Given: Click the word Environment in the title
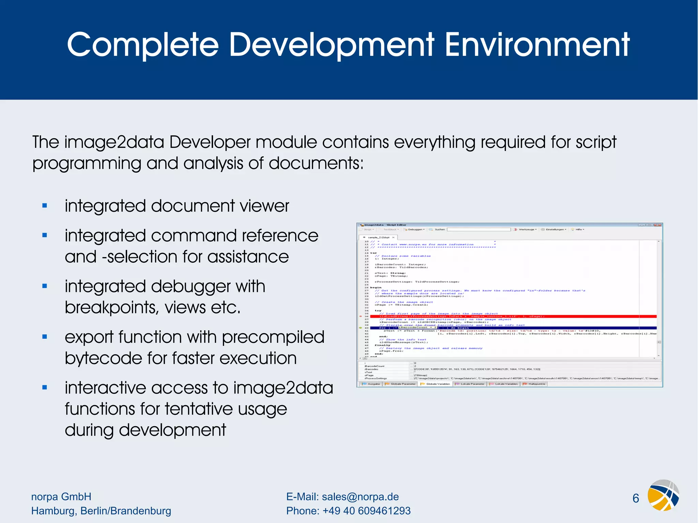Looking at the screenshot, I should pyautogui.click(x=537, y=45).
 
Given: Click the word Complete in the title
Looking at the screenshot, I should pyautogui.click(x=142, y=45).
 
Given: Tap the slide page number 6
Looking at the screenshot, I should pyautogui.click(x=636, y=498).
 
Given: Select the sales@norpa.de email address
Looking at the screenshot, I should pyautogui.click(x=360, y=497).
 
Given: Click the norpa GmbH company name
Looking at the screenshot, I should pyautogui.click(x=61, y=497).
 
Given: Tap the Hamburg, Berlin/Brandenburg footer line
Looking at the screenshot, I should pyautogui.click(x=101, y=511).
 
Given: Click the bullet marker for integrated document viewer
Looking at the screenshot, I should pyautogui.click(x=45, y=205).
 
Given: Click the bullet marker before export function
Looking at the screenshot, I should pyautogui.click(x=45, y=337).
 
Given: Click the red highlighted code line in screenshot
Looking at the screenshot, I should pyautogui.click(x=511, y=317).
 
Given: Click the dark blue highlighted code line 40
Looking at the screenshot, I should pyautogui.click(x=511, y=328).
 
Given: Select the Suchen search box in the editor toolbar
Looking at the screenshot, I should pyautogui.click(x=479, y=230).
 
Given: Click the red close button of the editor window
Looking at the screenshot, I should pyautogui.click(x=658, y=225).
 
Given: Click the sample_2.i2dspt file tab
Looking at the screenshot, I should pyautogui.click(x=378, y=237).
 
